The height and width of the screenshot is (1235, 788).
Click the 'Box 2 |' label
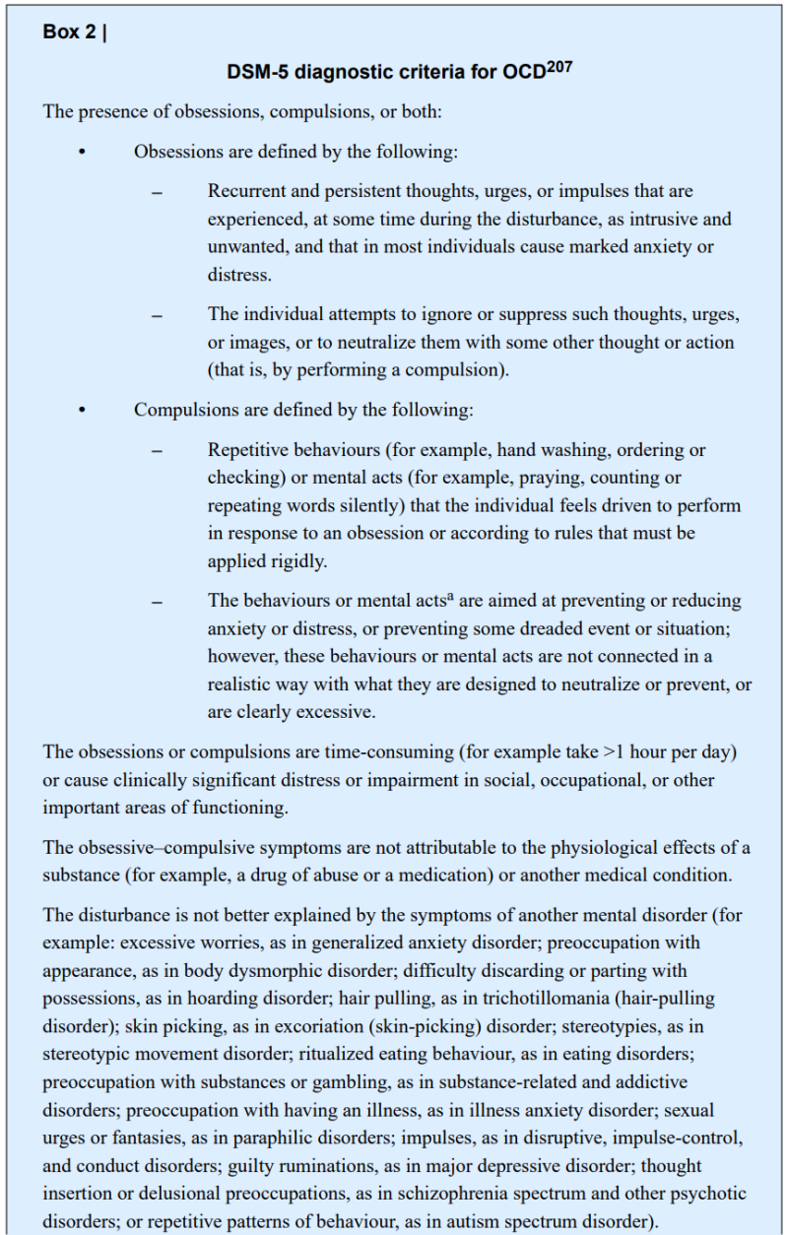tap(75, 32)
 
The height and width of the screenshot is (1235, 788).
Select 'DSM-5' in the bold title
tap(254, 72)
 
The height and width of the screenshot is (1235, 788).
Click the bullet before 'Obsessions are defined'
tap(82, 153)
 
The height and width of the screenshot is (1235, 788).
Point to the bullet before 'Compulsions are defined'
tap(82, 410)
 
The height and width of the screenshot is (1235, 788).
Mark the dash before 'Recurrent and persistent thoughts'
tap(157, 192)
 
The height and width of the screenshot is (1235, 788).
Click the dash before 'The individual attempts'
tap(157, 315)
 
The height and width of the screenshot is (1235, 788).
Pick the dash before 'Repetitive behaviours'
tap(157, 451)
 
